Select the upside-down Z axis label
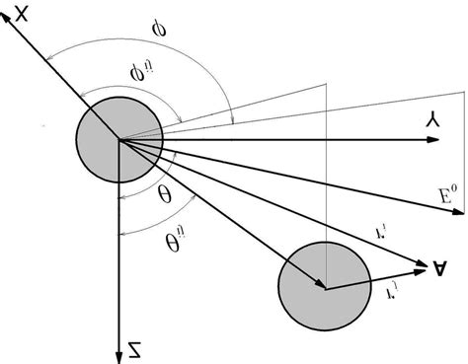pyautogui.click(x=132, y=346)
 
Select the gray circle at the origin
pyautogui.click(x=117, y=141)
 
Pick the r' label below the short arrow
pyautogui.click(x=378, y=293)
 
